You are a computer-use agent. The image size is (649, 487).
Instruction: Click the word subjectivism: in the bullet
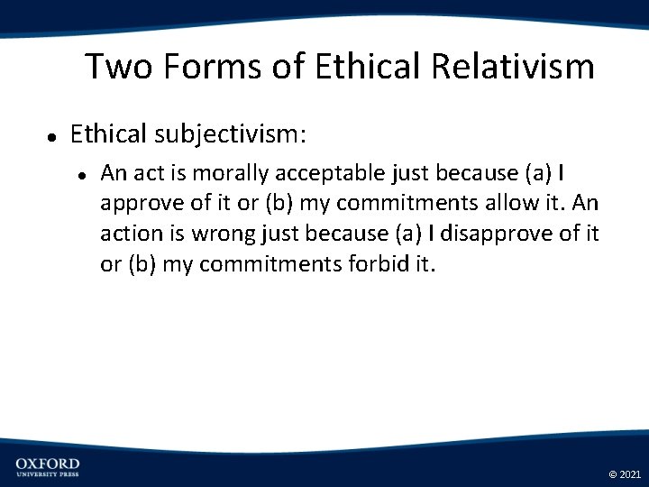[230, 134]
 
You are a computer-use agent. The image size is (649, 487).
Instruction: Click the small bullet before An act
[82, 173]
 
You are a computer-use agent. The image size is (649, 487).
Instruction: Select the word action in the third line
[131, 234]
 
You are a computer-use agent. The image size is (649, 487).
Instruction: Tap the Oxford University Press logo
[47, 467]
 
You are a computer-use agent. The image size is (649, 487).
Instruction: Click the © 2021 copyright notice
[625, 473]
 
